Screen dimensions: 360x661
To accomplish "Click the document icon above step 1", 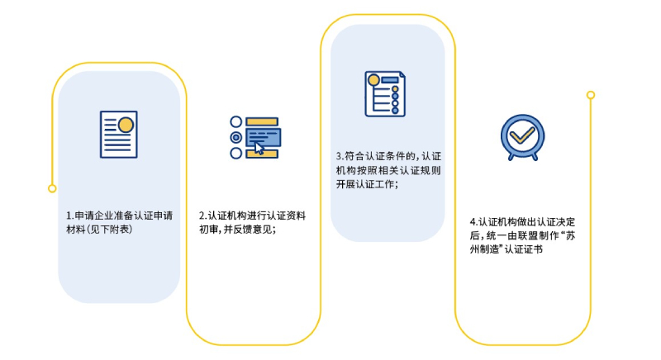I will coord(118,134).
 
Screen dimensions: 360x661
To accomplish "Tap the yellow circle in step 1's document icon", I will coord(126,125).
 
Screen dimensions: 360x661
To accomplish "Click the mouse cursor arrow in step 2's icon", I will coord(259,148).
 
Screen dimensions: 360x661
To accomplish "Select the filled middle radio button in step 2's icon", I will coord(235,137).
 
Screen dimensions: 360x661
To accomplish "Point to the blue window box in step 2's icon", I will coord(264,136).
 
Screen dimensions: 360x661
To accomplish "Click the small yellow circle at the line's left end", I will coord(52,188).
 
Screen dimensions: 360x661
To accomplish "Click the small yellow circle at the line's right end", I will coord(591,95).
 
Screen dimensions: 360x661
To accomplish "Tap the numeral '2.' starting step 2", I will coord(202,216).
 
